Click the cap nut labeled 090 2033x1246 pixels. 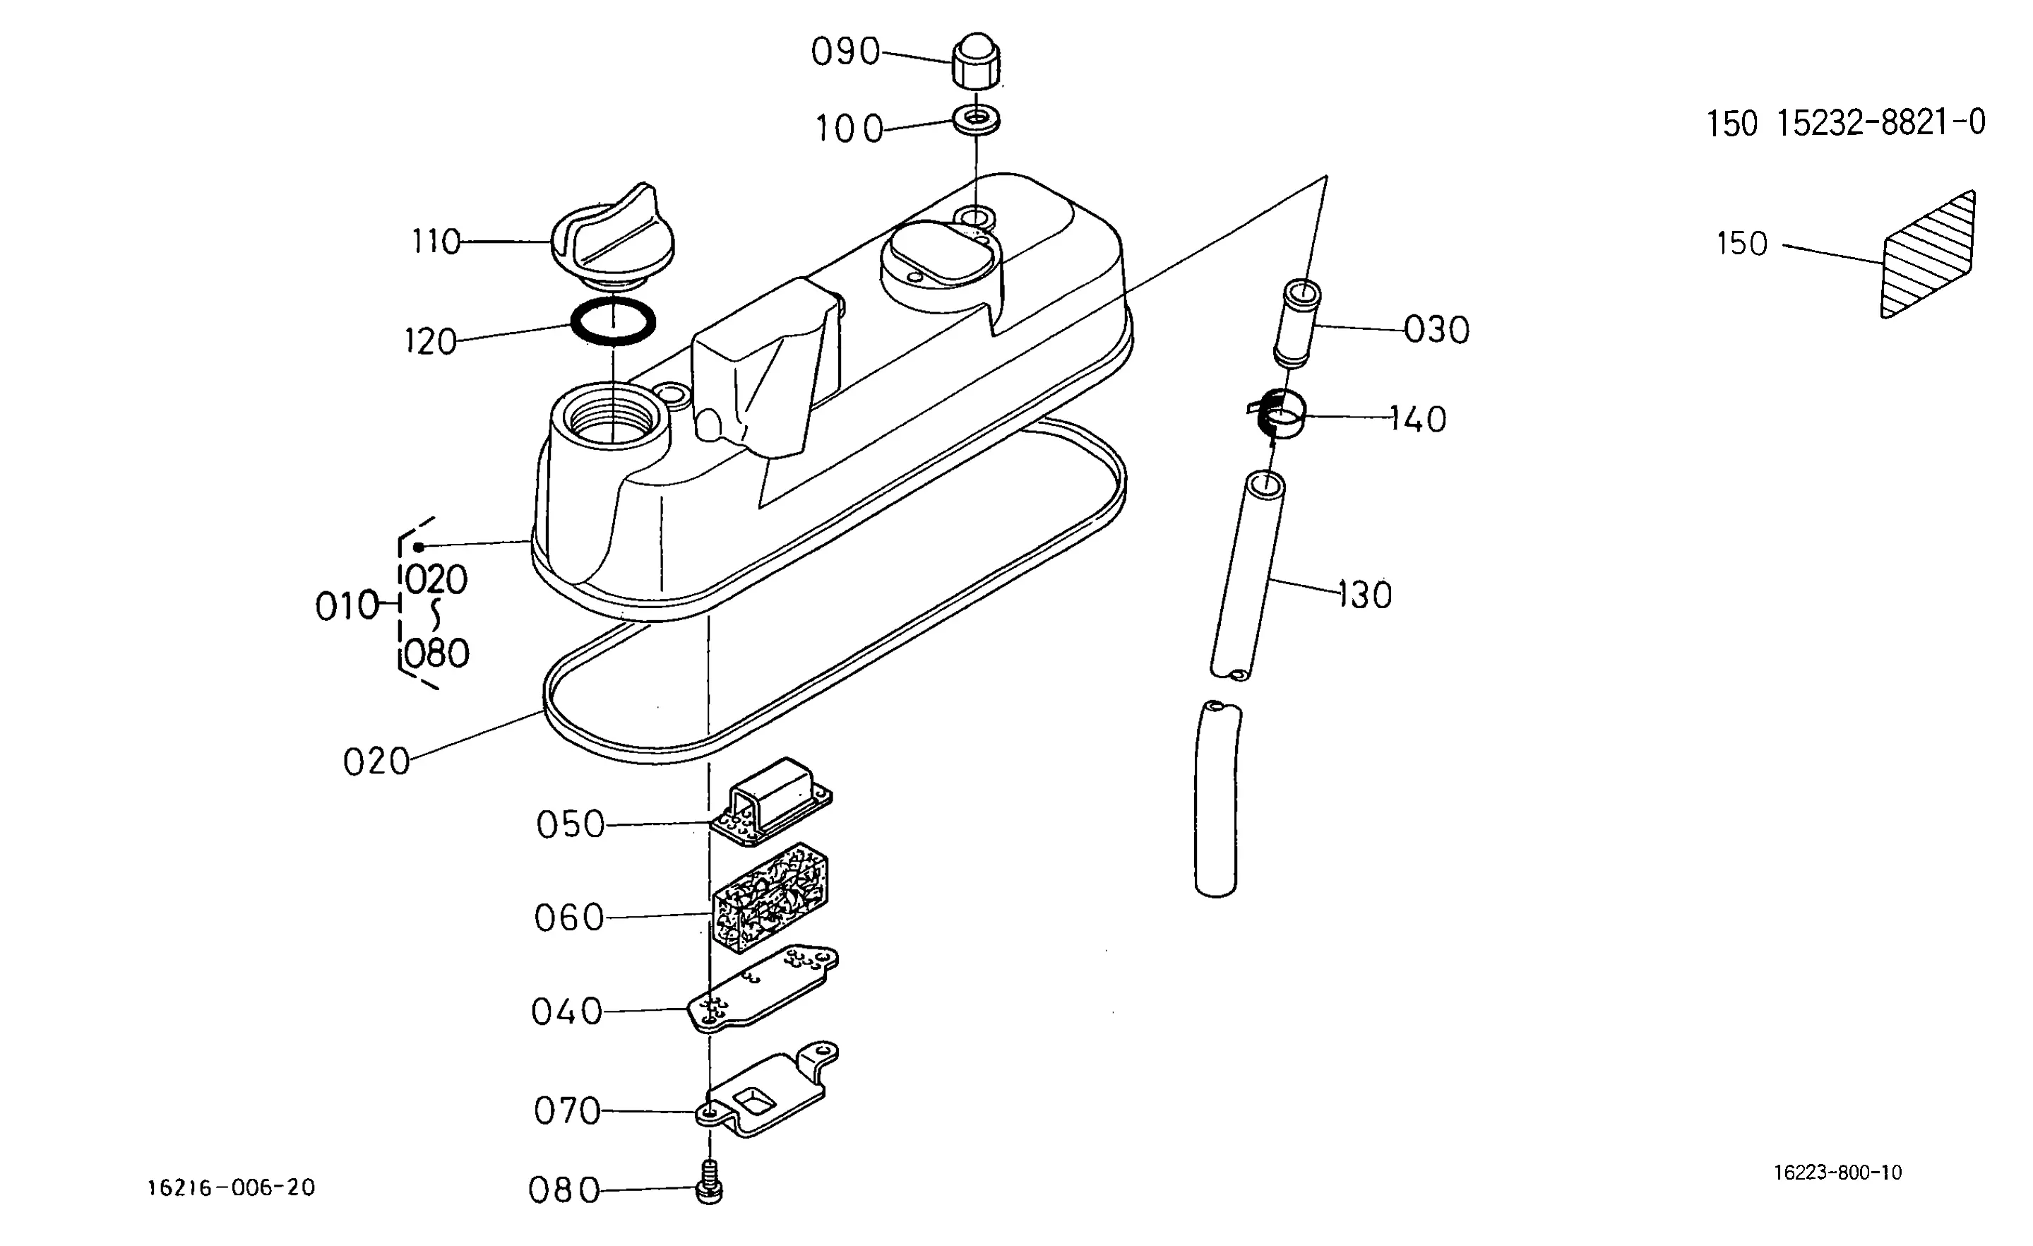(977, 60)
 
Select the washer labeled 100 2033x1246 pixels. (977, 119)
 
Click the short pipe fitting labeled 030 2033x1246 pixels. (1297, 324)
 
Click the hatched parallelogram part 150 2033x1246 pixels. (1928, 254)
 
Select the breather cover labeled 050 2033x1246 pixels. (771, 801)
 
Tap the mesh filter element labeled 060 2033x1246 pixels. (770, 897)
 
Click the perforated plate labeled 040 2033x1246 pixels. (763, 989)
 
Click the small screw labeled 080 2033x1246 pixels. (710, 1182)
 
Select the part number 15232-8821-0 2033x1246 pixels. (1880, 124)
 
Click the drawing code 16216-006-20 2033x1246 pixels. (231, 1188)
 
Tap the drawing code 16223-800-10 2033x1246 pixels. (1838, 1173)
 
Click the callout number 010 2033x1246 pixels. (347, 607)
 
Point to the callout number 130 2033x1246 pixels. (1365, 594)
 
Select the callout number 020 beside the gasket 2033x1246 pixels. (376, 761)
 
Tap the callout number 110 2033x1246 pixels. (436, 241)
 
